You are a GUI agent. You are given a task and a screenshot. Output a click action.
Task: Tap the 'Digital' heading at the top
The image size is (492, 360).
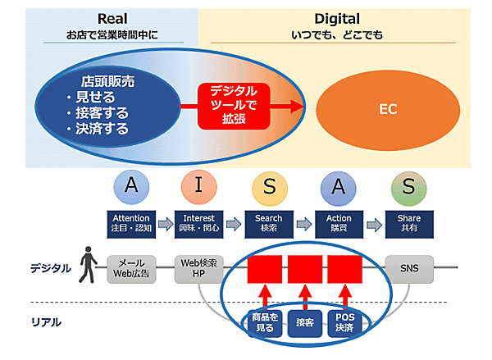coord(337,19)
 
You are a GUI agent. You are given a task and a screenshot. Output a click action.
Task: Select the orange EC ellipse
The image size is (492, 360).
coord(382,107)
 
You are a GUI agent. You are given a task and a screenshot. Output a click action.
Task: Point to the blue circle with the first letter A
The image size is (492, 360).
coord(132,188)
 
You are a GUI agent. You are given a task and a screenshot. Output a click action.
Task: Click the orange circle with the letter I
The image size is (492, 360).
coord(198,188)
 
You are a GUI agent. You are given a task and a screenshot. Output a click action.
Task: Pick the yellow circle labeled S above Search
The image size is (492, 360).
coord(268,188)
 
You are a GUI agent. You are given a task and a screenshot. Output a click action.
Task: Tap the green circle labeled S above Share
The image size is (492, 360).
coord(408,188)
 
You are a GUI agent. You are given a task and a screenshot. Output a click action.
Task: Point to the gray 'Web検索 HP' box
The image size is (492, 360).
coord(198,268)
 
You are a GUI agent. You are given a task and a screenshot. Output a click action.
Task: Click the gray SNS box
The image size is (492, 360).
coord(408,268)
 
